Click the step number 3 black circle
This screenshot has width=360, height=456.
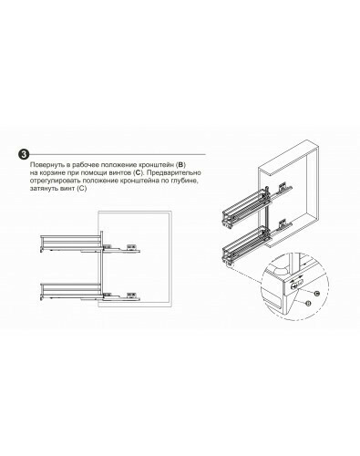pyautogui.click(x=24, y=154)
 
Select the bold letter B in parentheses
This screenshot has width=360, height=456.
pyautogui.click(x=180, y=165)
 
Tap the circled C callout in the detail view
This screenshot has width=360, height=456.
pyautogui.click(x=316, y=294)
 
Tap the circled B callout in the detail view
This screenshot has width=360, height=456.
pyautogui.click(x=308, y=303)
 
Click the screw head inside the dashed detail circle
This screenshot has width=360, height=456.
pyautogui.click(x=294, y=285)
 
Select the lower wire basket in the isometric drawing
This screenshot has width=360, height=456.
pyautogui.click(x=245, y=244)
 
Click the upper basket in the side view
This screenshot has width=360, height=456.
pyautogui.click(x=71, y=243)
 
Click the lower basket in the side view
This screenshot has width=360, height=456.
pyautogui.click(x=71, y=291)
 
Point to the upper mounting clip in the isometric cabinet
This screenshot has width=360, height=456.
pyautogui.click(x=283, y=186)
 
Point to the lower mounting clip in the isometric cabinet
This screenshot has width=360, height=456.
pyautogui.click(x=283, y=223)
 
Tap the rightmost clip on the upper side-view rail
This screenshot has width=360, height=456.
pyautogui.click(x=132, y=246)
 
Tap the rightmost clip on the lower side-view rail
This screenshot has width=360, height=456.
pyautogui.click(x=132, y=295)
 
